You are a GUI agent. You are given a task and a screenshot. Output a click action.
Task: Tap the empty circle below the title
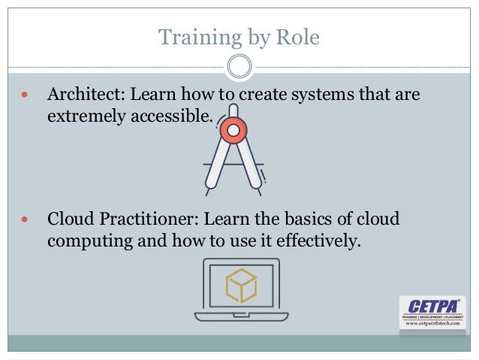coord(239,67)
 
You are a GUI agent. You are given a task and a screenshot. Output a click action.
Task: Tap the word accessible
coord(169,118)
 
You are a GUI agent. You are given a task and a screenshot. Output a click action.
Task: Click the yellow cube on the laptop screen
coord(241,286)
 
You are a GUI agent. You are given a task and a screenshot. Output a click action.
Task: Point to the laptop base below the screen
coord(241,316)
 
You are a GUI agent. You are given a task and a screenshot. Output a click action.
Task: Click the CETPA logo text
coord(432,306)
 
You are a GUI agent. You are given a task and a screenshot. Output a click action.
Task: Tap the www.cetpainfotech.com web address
coord(432,324)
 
